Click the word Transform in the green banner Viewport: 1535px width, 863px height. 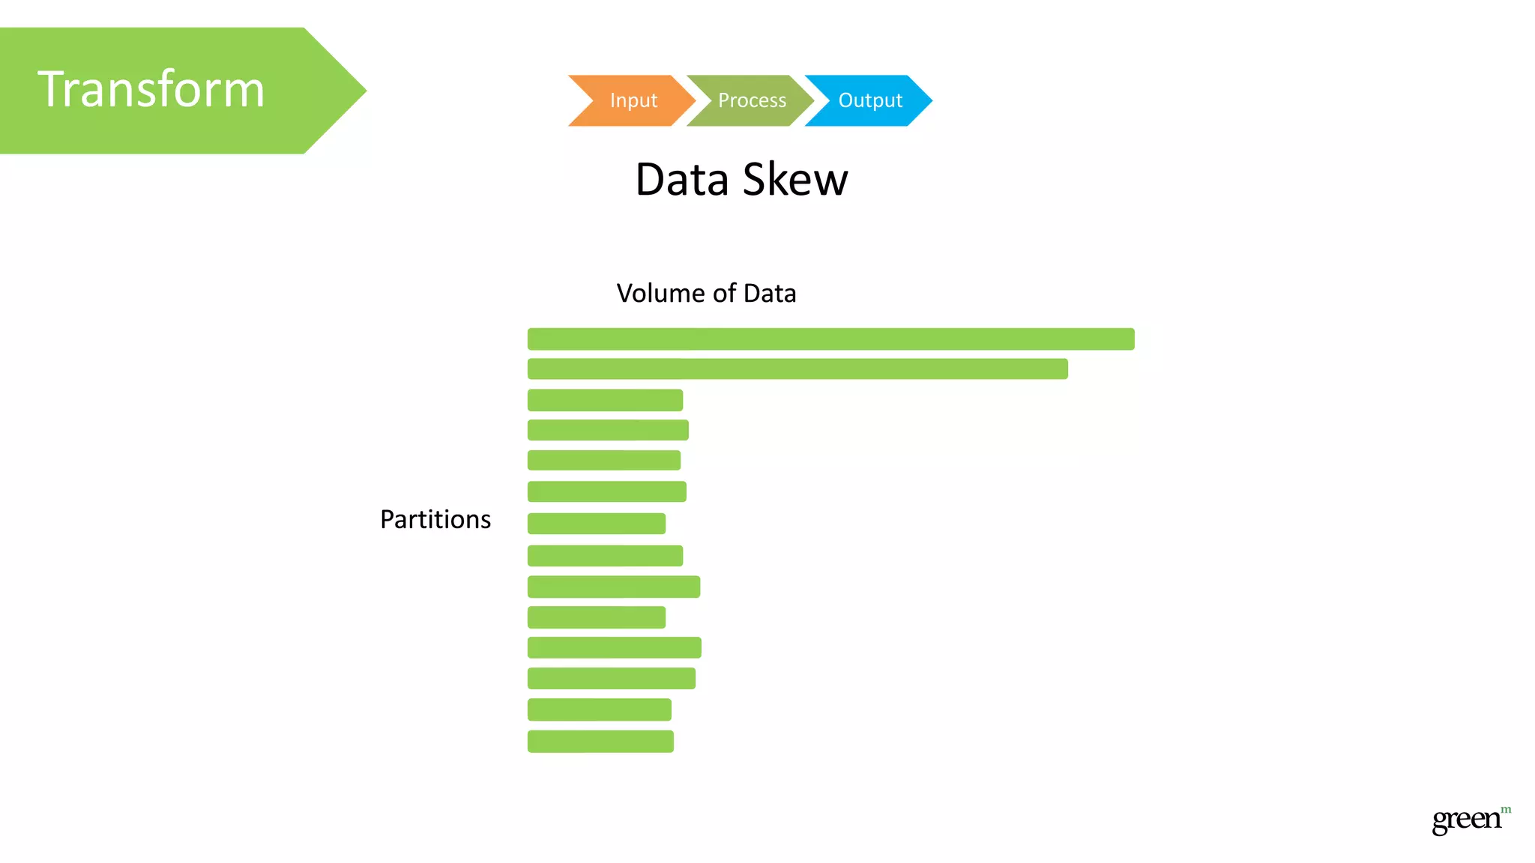pos(151,90)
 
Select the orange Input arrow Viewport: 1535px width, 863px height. pos(633,100)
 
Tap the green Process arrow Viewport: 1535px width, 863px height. pos(751,100)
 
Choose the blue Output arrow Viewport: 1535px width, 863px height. pos(869,100)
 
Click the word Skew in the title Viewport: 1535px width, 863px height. pos(795,180)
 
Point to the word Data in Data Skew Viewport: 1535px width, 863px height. pos(682,180)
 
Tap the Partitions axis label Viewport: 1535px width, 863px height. pos(435,519)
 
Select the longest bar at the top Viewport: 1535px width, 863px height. pos(830,339)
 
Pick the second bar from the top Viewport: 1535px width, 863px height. pos(797,369)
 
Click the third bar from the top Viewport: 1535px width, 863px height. pos(605,400)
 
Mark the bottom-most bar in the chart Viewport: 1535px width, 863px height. pos(600,741)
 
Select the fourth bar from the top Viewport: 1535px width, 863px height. pos(608,430)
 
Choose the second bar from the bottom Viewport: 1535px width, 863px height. pos(599,709)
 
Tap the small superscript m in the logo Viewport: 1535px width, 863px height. pos(1506,809)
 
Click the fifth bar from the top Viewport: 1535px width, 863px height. pos(604,460)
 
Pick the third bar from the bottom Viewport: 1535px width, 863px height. pos(611,678)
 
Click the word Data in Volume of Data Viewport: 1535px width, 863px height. pos(770,293)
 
